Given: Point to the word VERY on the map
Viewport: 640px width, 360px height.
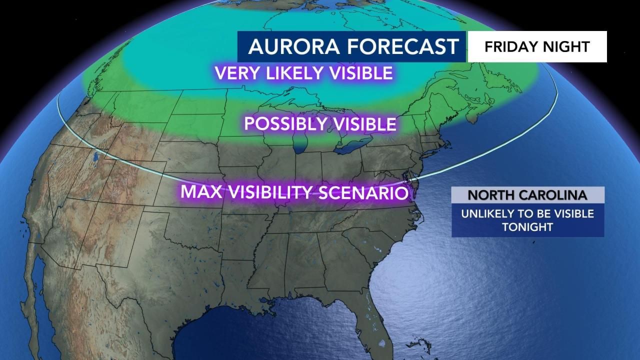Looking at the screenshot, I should coord(234,73).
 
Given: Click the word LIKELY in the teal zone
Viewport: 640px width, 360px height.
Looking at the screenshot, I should coord(291,73).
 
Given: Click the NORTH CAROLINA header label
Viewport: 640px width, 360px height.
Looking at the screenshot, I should coord(527,194).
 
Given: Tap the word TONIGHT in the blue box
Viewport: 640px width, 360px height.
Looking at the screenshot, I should coord(527,226).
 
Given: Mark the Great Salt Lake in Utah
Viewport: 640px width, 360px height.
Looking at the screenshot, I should coord(94,159).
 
